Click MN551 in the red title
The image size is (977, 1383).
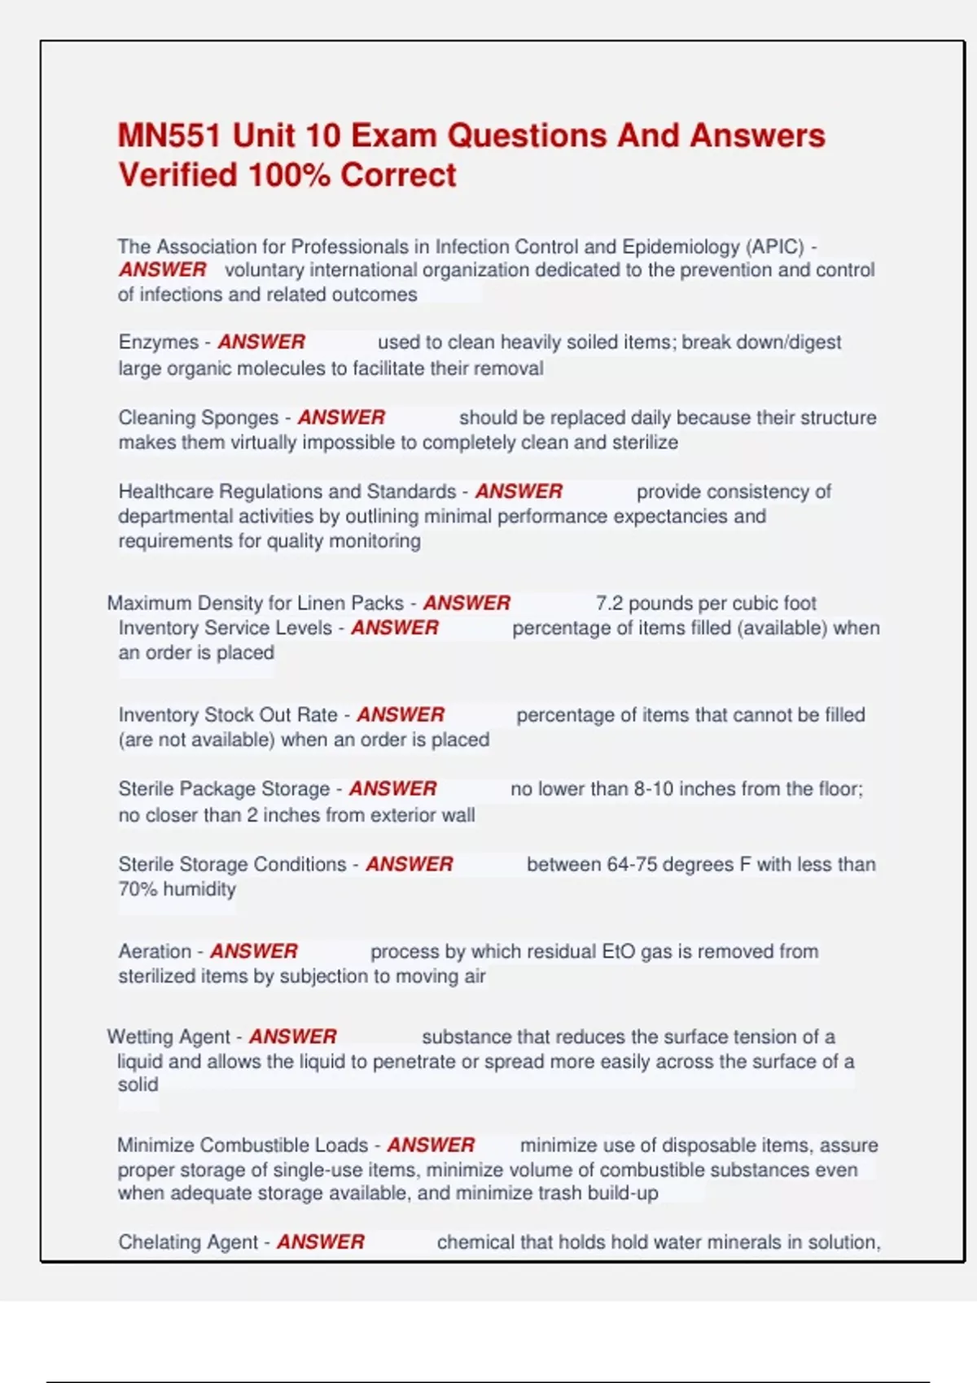coord(169,136)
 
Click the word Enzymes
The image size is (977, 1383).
coord(158,342)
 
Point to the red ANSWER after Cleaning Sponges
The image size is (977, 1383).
coord(341,417)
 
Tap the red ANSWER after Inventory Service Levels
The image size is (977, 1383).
coord(395,628)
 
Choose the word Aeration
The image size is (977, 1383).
coord(155,952)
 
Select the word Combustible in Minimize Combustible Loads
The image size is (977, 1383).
coord(256,1145)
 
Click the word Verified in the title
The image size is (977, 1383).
coord(177,176)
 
